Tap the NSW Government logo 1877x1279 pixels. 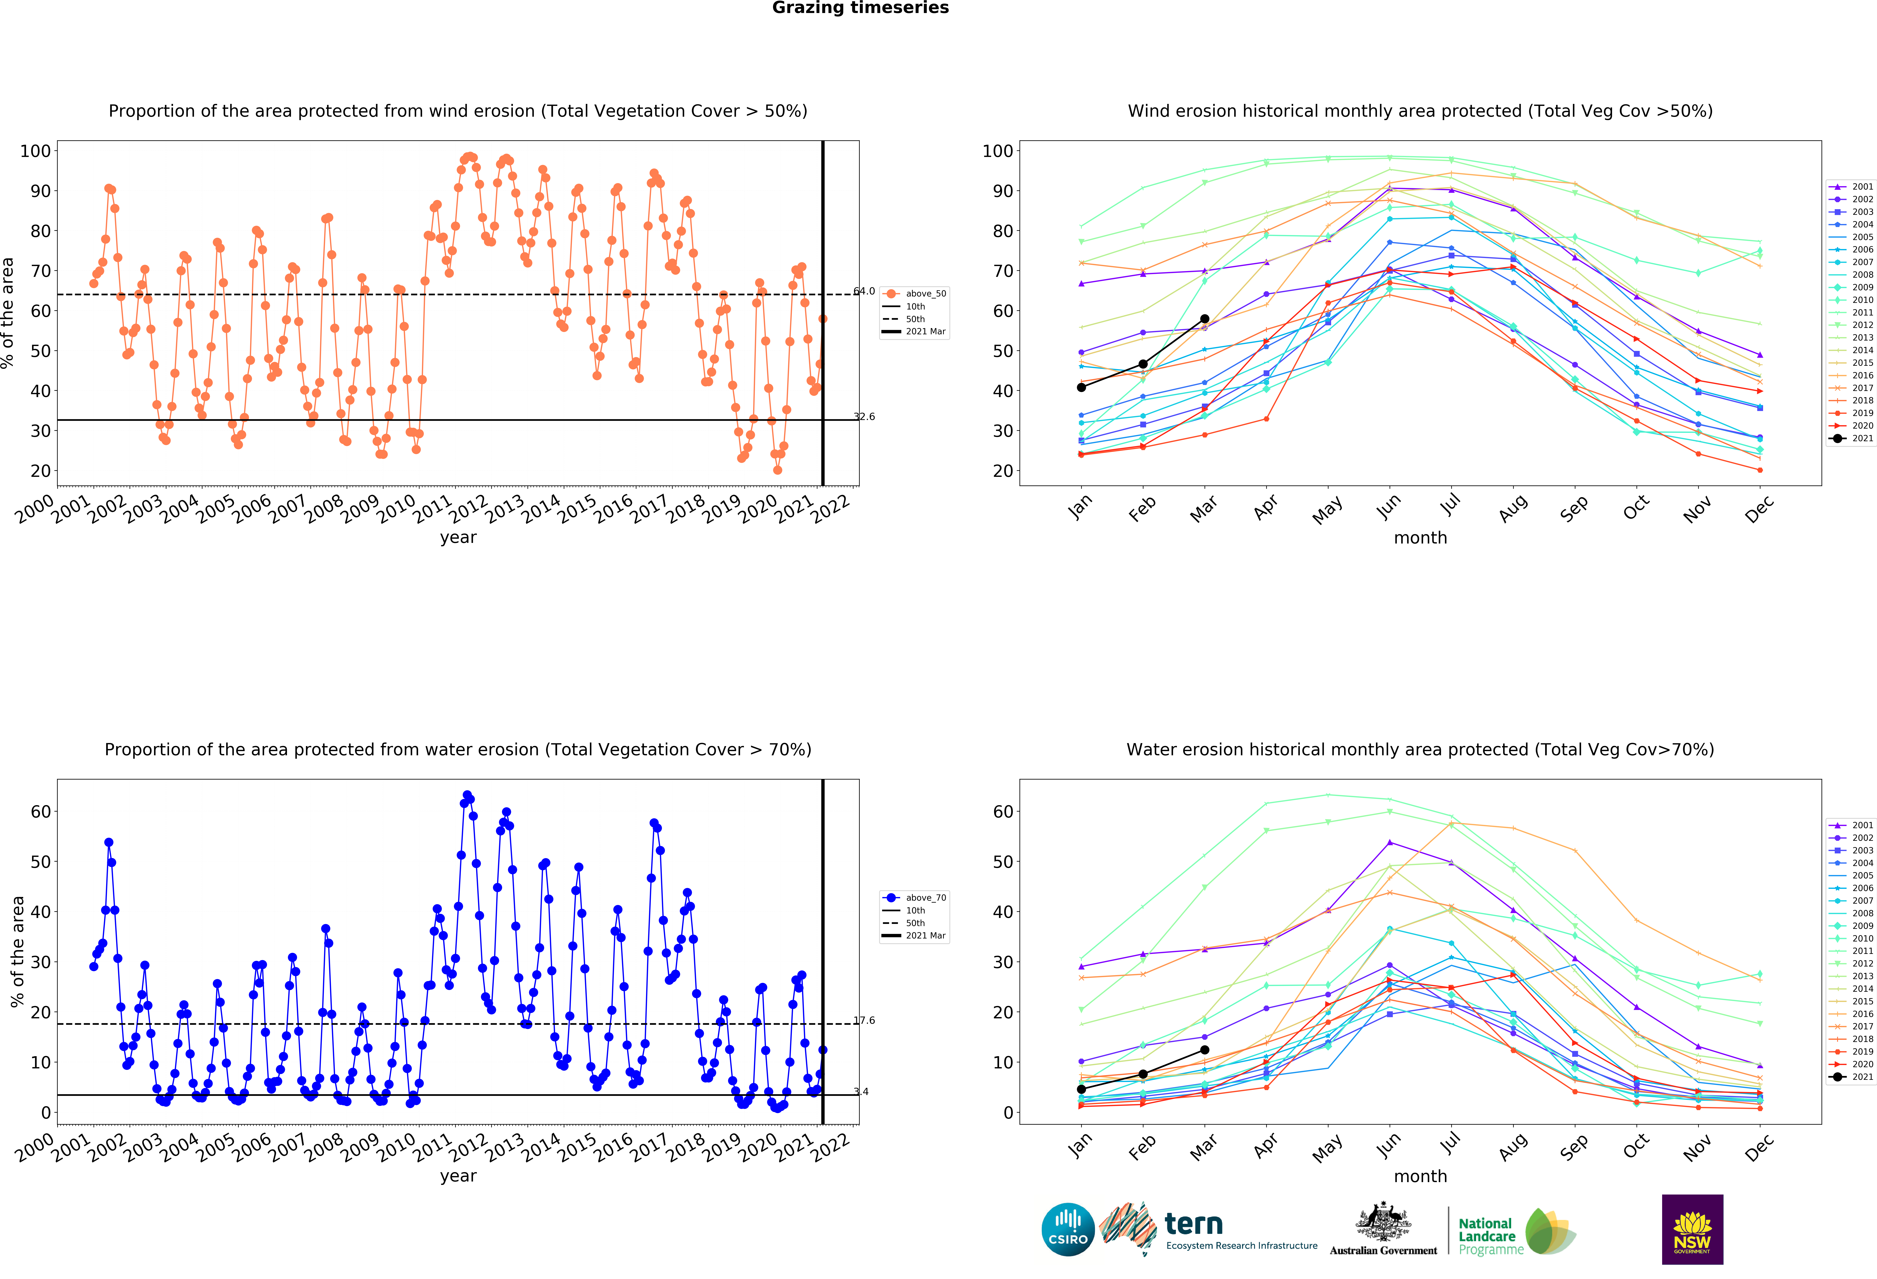coord(1692,1229)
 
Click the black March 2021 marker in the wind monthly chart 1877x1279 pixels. coord(1204,319)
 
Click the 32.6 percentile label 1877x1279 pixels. coord(864,417)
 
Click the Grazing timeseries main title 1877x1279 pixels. coord(860,8)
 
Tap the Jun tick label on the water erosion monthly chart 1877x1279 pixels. coord(1388,1145)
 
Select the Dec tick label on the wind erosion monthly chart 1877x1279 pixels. coord(1759,509)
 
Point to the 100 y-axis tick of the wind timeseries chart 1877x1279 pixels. coord(35,151)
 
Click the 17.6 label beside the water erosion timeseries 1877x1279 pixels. coord(864,1021)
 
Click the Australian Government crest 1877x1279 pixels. coord(1384,1223)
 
